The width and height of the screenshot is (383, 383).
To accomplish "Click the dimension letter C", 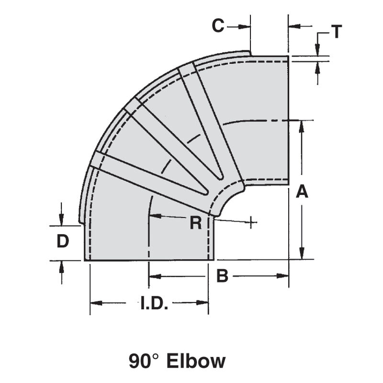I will pos(218,26).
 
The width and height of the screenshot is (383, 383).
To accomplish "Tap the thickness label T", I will pos(337,32).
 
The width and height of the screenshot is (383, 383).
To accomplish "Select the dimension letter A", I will pos(302,191).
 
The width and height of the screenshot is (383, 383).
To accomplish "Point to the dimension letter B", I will pos(222,276).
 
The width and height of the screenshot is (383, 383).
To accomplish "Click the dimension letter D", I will pos(63,242).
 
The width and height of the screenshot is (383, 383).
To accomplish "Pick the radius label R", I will pos(195,223).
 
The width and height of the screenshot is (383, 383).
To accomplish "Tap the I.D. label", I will pos(154,304).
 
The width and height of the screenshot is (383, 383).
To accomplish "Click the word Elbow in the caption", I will pos(196,361).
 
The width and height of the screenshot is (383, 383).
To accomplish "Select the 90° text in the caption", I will pos(144,361).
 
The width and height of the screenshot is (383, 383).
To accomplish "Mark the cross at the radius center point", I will pos(250,222).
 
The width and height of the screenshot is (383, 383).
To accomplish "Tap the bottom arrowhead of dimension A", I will pos(302,255).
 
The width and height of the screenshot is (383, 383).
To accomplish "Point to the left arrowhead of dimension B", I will pos(153,276).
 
